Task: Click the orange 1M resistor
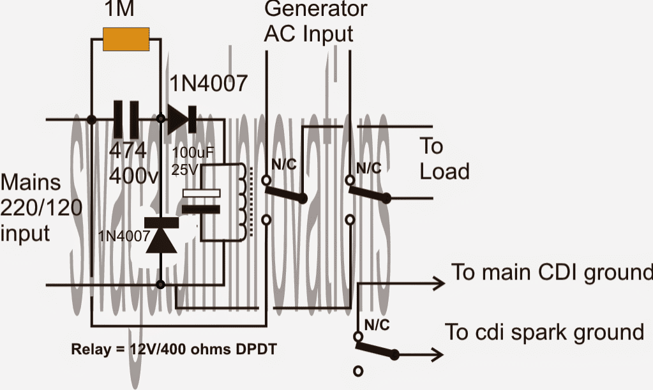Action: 127,38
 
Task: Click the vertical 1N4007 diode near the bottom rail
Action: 160,234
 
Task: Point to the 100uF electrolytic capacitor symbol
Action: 201,200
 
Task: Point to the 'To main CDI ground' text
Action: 552,272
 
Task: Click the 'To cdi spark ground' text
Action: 544,333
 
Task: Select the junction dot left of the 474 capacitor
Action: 92,119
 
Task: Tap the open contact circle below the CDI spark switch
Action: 357,370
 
